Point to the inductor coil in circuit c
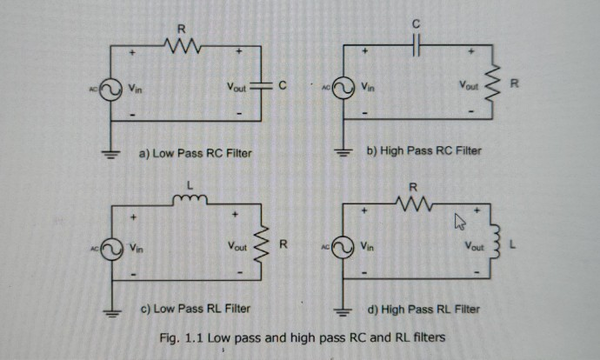[x=190, y=202]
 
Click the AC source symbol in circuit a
[x=111, y=89]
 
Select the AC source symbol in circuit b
[x=343, y=89]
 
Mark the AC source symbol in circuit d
[x=343, y=248]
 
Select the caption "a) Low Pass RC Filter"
[x=195, y=154]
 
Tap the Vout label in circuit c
[x=237, y=248]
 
